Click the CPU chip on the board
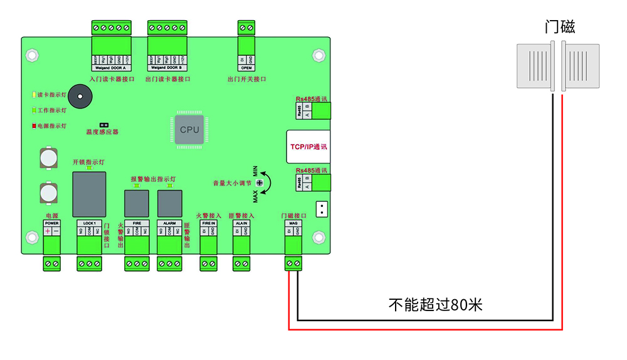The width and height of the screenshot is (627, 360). point(189,130)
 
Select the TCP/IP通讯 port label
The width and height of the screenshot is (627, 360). point(309,146)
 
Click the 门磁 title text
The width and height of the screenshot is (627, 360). point(560,26)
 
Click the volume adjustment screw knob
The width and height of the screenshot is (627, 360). point(259,181)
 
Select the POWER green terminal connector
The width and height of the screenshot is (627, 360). point(52,264)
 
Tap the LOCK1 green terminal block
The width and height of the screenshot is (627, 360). point(89,264)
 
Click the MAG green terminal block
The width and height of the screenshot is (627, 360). point(293,263)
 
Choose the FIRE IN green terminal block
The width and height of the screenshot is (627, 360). point(209,264)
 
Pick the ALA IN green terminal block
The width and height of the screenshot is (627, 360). point(241,264)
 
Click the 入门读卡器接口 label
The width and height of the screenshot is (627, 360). point(112,79)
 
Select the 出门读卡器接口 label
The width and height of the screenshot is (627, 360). point(167,79)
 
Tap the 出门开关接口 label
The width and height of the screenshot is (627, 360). point(246,79)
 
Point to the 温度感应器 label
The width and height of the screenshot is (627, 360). point(102,132)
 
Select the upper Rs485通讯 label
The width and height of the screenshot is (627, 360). point(312,99)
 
